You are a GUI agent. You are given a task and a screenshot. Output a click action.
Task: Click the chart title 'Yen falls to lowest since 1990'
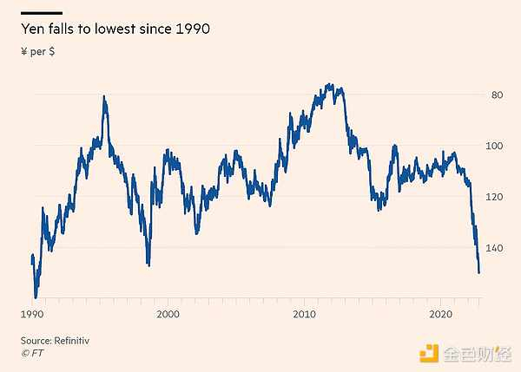coord(115,29)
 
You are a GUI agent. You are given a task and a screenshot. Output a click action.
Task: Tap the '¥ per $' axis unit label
coord(38,52)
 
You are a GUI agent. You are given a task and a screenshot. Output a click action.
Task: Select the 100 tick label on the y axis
coord(493,146)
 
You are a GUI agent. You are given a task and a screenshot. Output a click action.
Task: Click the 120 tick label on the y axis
coord(493,197)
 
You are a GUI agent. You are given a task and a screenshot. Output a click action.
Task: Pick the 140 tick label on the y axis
coord(493,248)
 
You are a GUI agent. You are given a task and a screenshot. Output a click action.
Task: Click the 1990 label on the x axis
coord(32,313)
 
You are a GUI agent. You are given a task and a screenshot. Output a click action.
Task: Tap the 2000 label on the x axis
coord(168,313)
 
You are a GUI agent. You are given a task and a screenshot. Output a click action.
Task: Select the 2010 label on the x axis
coord(304,313)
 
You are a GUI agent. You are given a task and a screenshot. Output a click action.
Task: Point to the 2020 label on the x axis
coord(440,313)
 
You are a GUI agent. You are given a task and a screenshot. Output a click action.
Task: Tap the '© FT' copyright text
coord(32,354)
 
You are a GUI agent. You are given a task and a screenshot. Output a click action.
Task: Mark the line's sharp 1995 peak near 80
coord(104,96)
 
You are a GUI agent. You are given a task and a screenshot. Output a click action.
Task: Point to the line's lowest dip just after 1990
coord(36,297)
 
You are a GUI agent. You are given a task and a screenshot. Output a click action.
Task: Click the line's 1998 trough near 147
coord(148,264)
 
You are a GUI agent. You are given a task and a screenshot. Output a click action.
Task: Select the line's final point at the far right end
coord(478,272)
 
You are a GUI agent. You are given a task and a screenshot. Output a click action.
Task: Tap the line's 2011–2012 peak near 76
coord(329,85)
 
